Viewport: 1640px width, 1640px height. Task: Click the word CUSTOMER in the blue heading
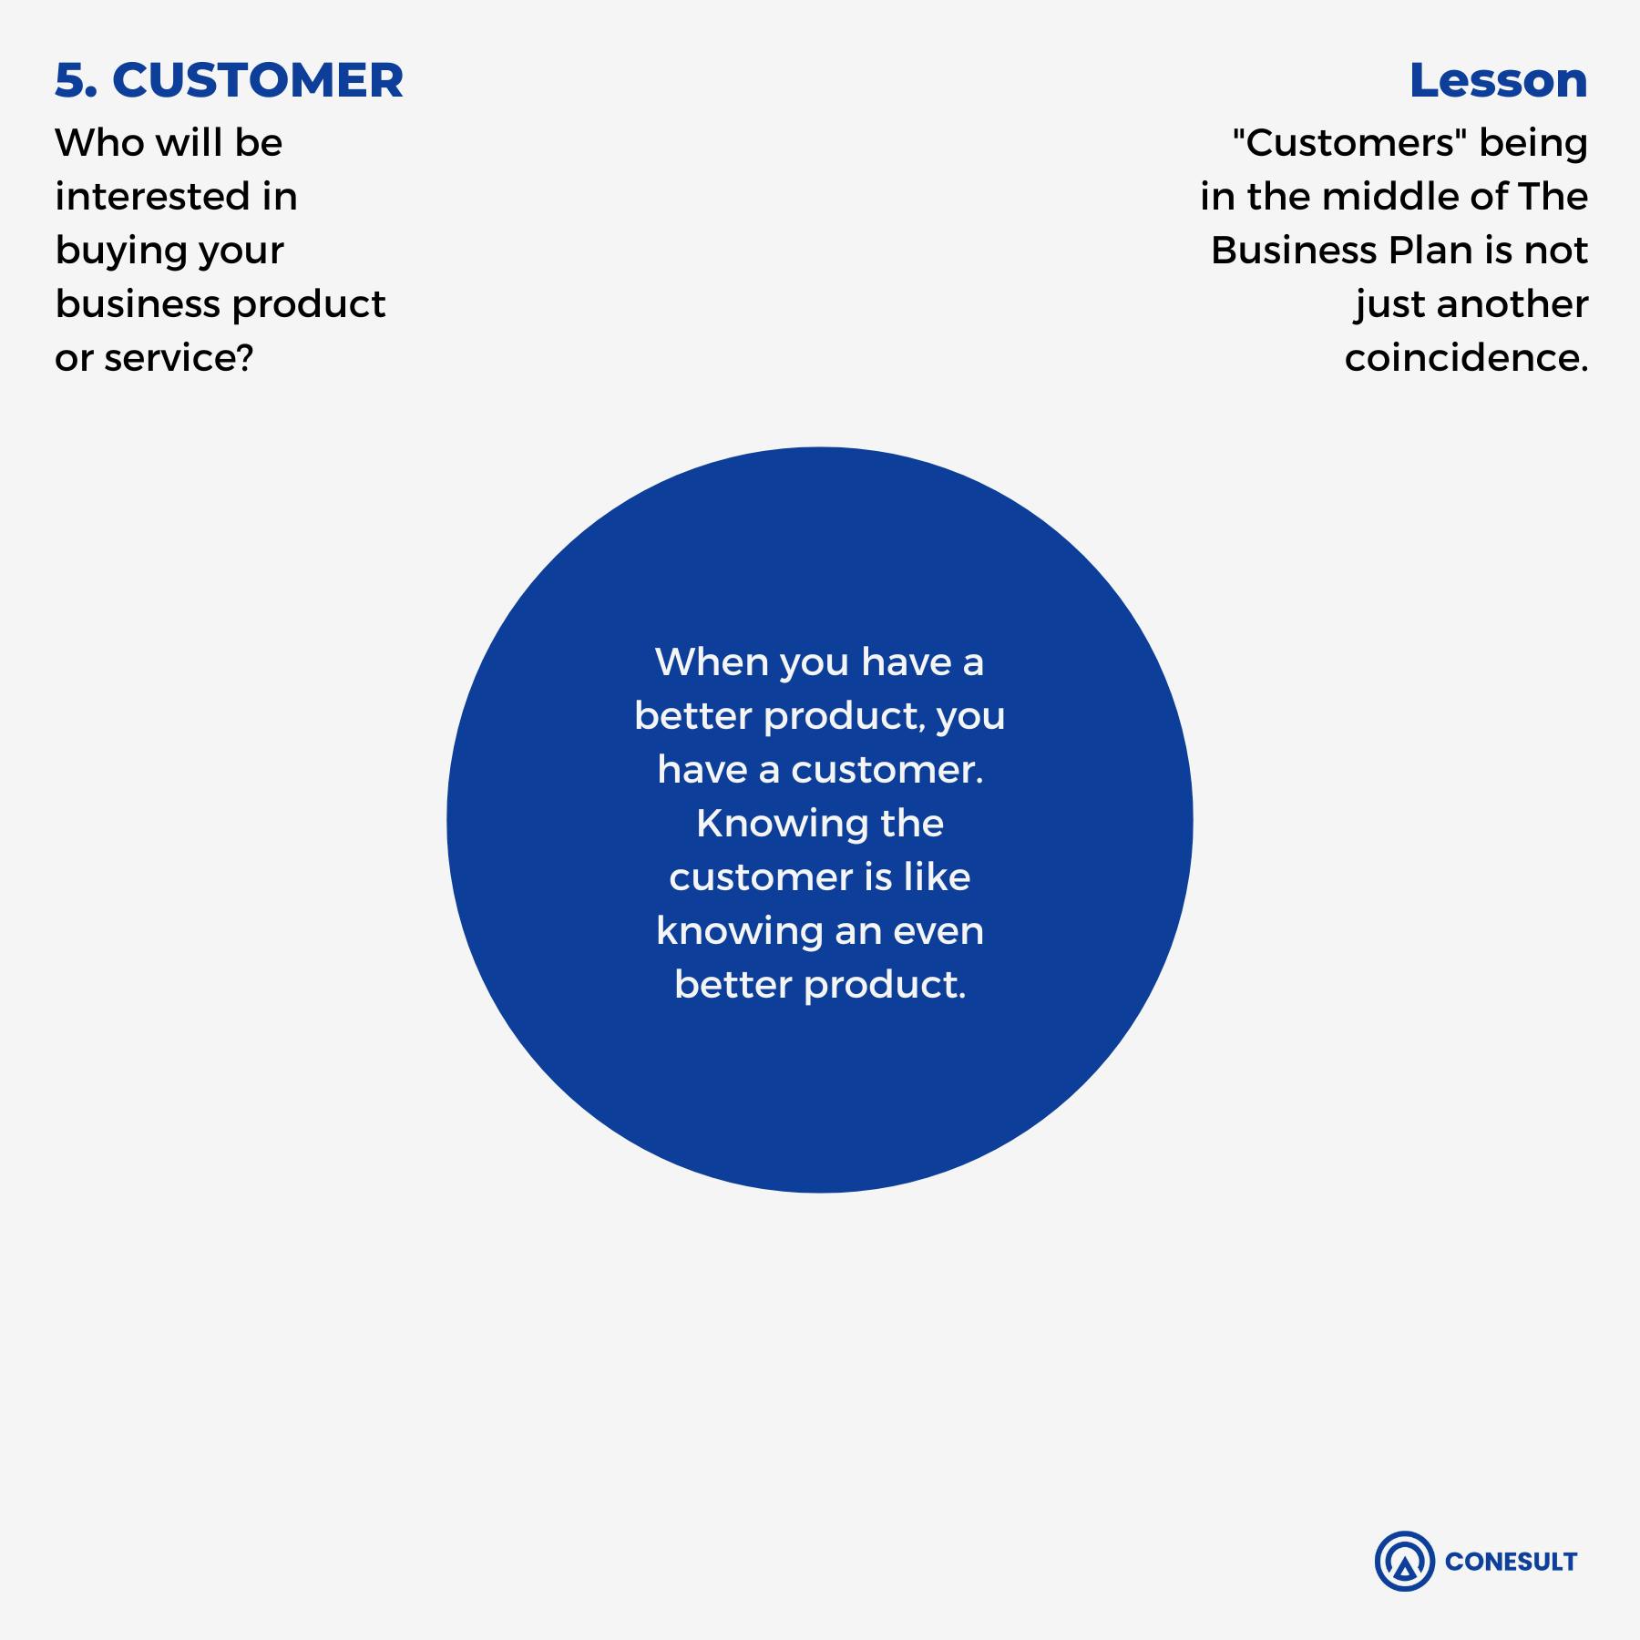click(x=258, y=80)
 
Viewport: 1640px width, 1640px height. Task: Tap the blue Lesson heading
click(x=1498, y=80)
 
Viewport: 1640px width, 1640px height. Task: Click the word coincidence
click(x=1467, y=358)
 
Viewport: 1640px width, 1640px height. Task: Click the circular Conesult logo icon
click(x=1405, y=1561)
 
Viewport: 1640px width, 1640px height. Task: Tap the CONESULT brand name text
click(x=1511, y=1562)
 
